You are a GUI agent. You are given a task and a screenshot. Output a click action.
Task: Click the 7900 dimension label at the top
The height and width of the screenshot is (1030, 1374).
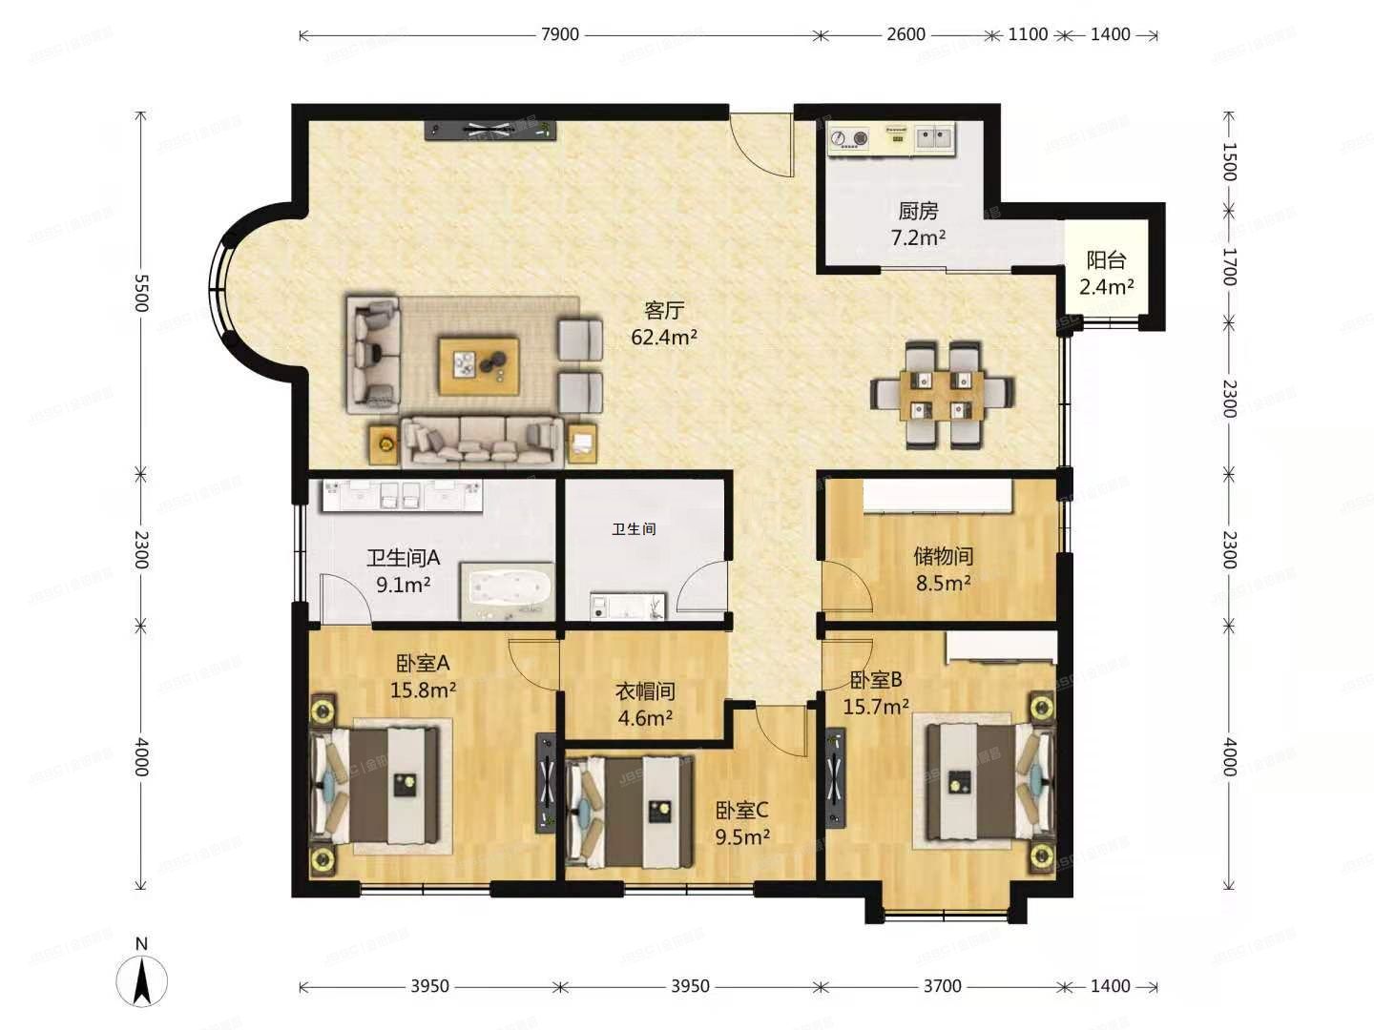560,34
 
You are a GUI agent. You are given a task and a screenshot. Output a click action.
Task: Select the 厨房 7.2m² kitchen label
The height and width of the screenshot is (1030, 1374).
918,224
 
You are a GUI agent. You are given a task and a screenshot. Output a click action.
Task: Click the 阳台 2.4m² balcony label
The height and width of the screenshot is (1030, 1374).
1107,273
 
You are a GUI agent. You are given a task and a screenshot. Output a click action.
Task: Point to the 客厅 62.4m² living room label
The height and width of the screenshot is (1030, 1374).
664,323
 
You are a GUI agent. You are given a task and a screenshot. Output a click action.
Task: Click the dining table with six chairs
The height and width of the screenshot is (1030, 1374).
942,395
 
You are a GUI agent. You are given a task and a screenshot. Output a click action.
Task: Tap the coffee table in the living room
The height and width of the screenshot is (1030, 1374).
479,365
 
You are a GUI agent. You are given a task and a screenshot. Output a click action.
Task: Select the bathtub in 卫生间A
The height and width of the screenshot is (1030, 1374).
508,590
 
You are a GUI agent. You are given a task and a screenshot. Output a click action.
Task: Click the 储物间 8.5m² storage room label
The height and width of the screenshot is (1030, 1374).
944,568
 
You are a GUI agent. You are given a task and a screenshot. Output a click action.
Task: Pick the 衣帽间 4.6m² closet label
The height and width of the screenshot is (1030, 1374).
646,704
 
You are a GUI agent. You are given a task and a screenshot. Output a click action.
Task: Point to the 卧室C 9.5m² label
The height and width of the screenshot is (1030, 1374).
742,823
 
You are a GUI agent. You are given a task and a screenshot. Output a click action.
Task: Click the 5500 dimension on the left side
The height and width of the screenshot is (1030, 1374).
141,293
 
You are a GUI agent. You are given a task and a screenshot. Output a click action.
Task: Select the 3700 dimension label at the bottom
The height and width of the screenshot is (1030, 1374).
942,986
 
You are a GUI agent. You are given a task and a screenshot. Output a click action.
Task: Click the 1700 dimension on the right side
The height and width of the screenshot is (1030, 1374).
1229,266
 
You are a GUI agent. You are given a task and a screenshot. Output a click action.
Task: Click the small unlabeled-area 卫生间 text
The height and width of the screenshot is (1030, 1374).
634,528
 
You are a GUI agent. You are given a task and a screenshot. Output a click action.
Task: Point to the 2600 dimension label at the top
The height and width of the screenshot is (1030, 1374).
906,34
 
